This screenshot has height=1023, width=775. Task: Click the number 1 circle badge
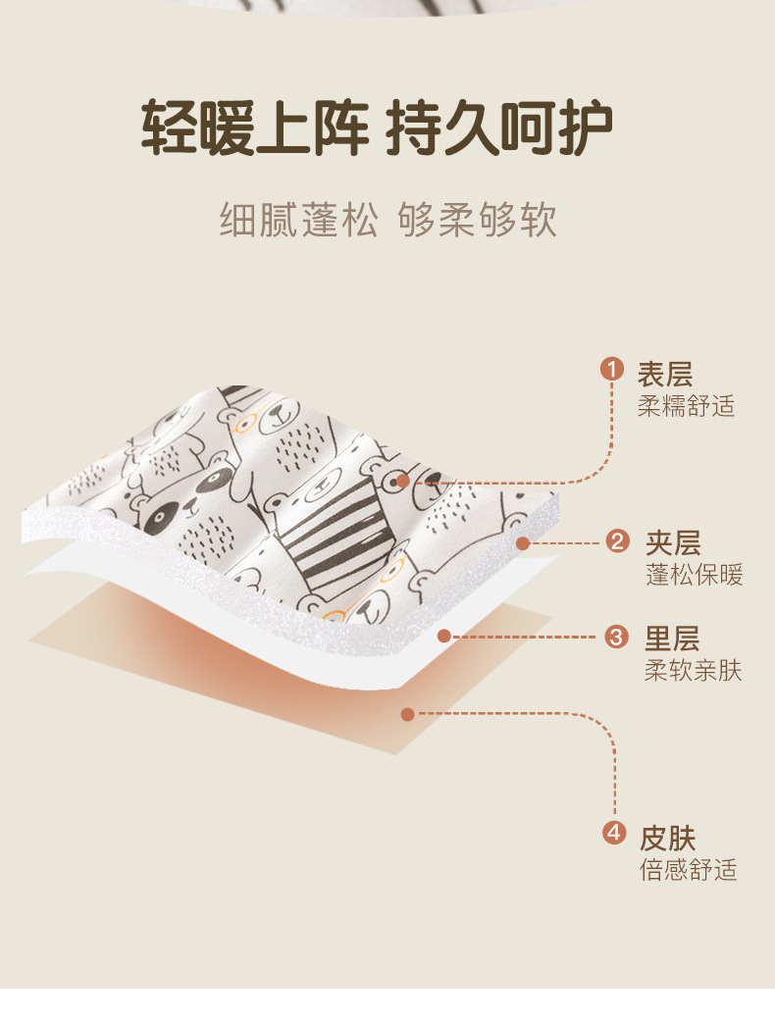(x=612, y=370)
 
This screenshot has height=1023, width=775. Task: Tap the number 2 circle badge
(x=617, y=540)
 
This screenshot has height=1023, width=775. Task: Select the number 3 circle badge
(x=617, y=637)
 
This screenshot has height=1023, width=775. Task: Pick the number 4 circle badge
(x=613, y=834)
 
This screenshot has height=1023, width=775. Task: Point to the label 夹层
(x=673, y=542)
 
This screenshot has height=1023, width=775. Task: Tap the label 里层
(x=672, y=639)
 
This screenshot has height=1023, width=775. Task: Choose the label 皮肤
(x=668, y=839)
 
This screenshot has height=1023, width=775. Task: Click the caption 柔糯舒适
(x=686, y=405)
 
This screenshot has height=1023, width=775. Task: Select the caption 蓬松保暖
(x=694, y=575)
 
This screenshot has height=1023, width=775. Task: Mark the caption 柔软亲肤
(x=693, y=671)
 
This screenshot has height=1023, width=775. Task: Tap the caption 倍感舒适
(x=689, y=870)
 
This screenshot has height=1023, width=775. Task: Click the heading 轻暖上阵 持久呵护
(x=378, y=128)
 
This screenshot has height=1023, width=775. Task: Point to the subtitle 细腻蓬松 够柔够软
(x=387, y=221)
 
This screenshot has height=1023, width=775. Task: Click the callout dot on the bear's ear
(x=403, y=482)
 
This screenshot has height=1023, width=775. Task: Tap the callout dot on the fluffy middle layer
(x=523, y=542)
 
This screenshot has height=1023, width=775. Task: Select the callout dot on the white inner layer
(x=444, y=636)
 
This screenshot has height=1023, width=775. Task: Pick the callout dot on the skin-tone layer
(x=408, y=714)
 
